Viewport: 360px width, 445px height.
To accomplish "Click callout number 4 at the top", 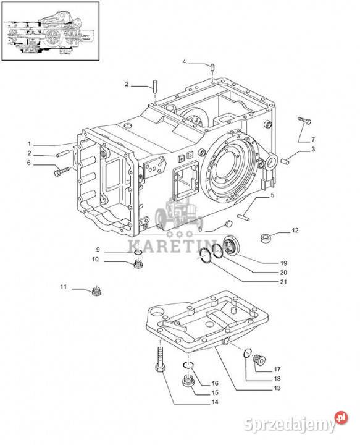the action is click(x=184, y=62).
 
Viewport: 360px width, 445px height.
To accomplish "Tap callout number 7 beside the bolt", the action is click(x=313, y=140).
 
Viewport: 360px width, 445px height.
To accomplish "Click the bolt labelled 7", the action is click(x=304, y=121).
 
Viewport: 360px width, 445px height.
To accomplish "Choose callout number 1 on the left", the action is click(x=29, y=143).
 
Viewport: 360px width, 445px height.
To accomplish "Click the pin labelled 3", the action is click(x=284, y=161).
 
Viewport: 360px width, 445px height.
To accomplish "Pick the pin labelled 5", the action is click(x=243, y=217).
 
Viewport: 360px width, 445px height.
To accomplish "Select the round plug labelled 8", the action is click(x=228, y=224).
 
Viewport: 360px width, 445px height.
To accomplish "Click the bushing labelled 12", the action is click(x=266, y=237).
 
